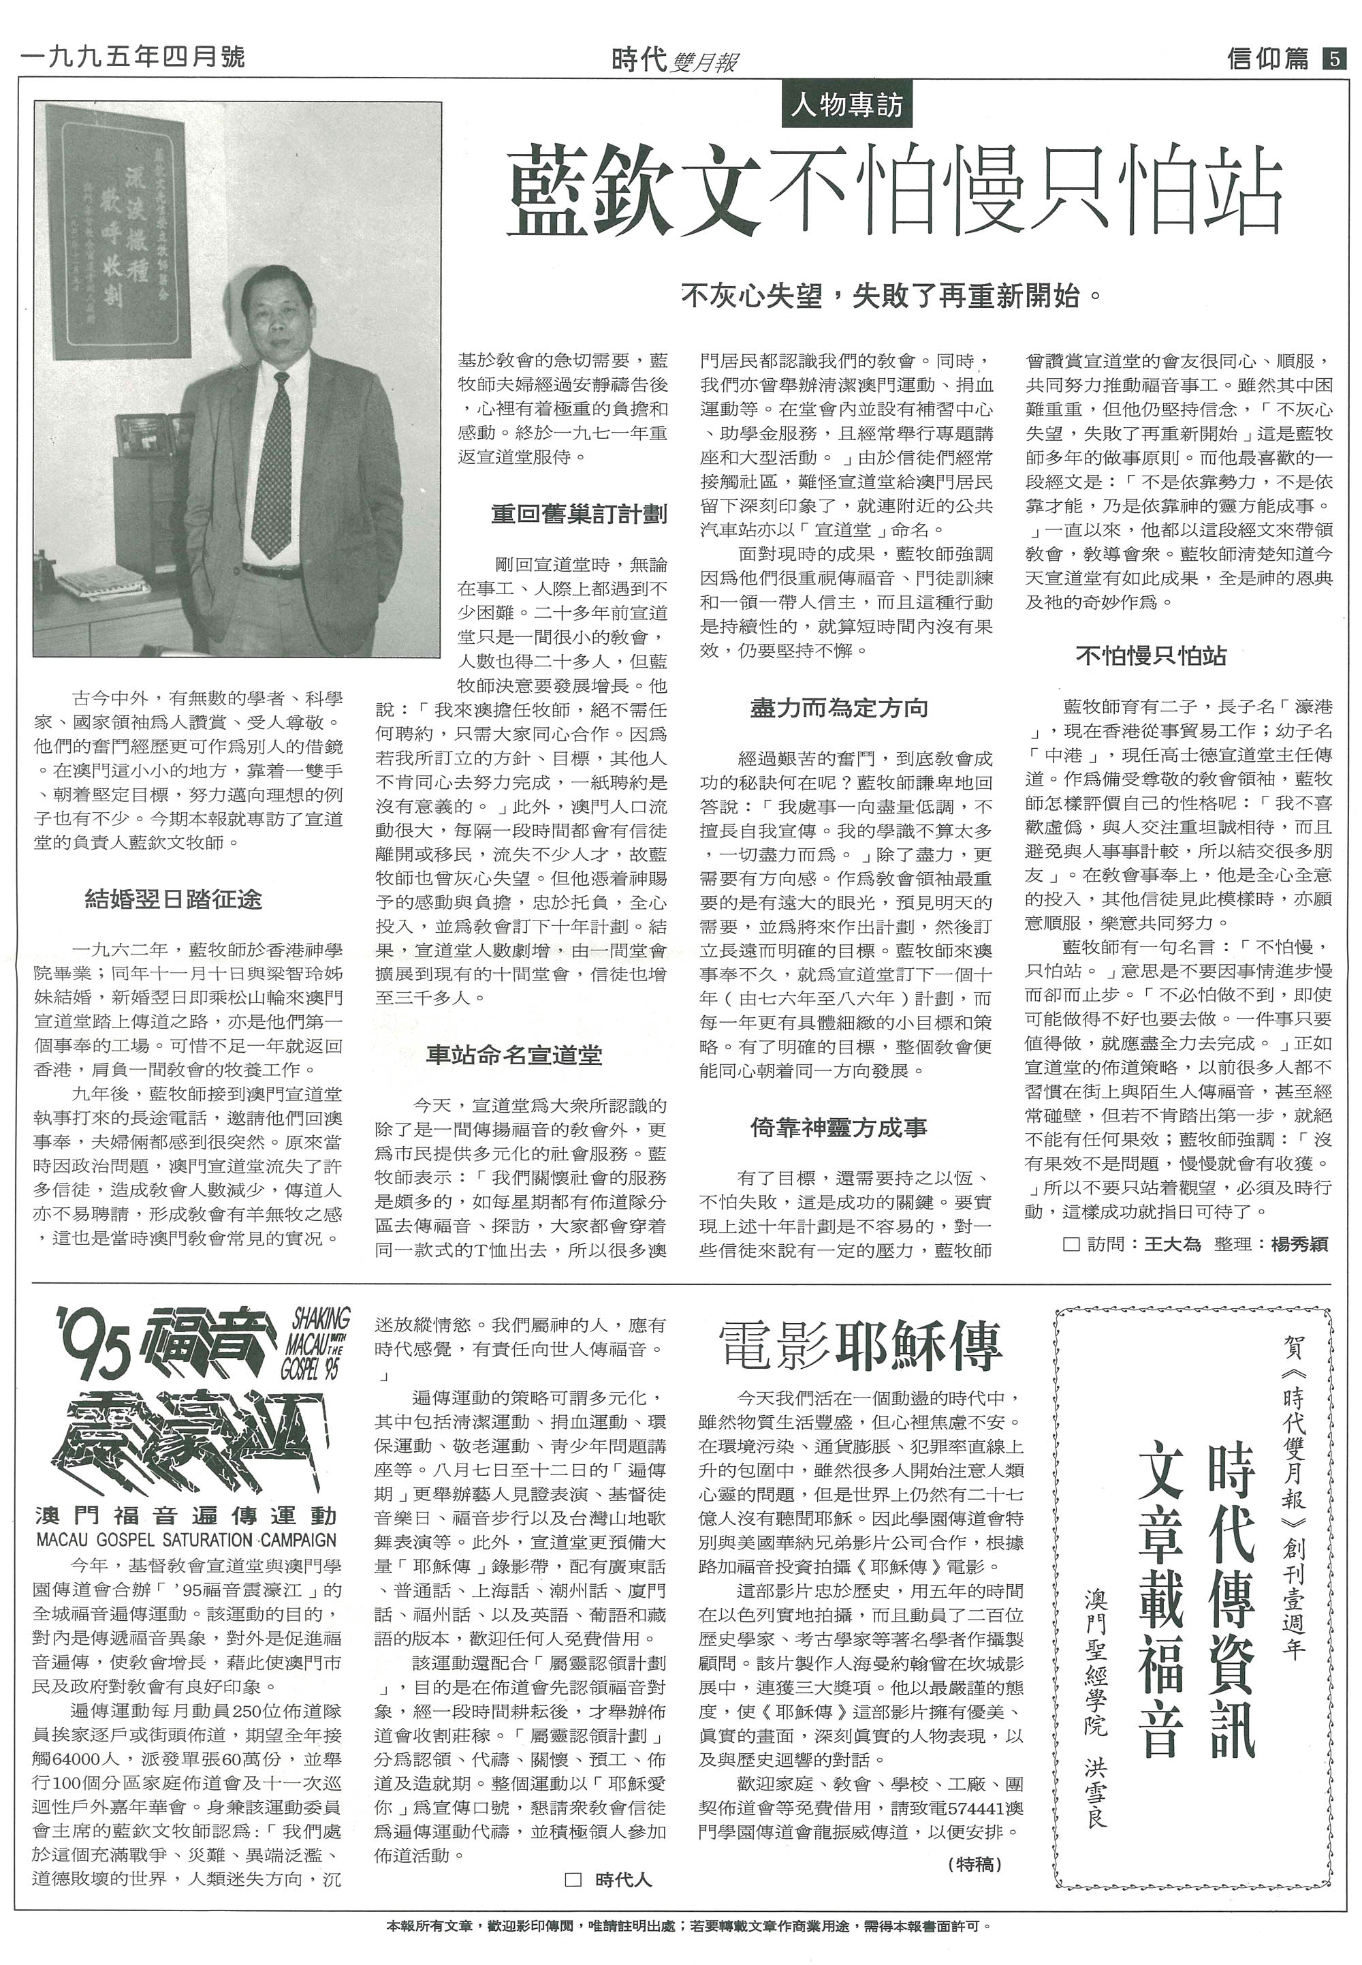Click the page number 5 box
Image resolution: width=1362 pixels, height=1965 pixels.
(1332, 59)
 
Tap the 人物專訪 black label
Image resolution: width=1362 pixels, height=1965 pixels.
(846, 106)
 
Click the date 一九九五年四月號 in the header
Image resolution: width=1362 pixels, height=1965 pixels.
(132, 57)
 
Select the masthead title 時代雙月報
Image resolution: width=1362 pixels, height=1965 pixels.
(675, 60)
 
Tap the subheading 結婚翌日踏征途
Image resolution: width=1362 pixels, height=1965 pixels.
(173, 899)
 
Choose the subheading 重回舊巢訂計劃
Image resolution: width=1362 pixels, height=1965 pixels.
(579, 514)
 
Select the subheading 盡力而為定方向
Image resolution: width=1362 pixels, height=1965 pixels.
(838, 708)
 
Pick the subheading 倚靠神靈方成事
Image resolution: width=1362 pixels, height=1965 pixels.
(838, 1128)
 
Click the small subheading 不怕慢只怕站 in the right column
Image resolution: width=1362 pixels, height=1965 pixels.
(1150, 655)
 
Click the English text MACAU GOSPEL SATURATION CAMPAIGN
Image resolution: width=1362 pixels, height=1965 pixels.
(186, 1541)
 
